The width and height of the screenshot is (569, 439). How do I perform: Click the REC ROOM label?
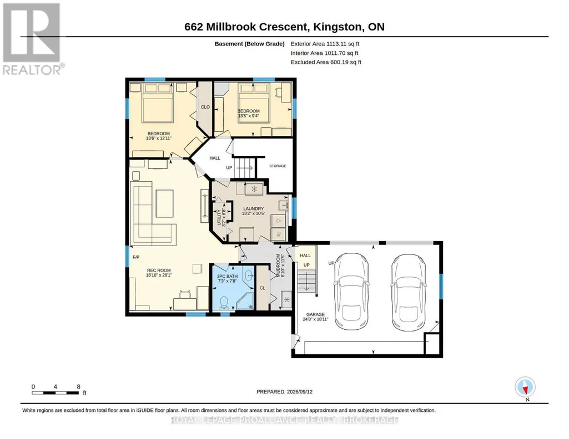click(159, 270)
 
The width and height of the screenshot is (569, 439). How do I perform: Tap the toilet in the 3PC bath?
click(224, 303)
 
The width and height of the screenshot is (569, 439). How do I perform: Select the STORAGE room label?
click(278, 166)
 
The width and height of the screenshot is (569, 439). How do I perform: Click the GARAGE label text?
click(315, 314)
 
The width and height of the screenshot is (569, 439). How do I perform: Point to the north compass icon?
click(525, 387)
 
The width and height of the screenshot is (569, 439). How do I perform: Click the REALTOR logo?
click(32, 39)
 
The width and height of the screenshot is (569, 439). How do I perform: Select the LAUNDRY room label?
click(253, 208)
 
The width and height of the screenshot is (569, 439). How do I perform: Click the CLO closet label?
click(205, 107)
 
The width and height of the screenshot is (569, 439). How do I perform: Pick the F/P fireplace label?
click(136, 257)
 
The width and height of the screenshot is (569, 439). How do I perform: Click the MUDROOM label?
click(279, 265)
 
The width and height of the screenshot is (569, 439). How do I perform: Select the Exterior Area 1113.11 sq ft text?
click(325, 44)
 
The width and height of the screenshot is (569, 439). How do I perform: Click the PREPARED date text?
click(284, 391)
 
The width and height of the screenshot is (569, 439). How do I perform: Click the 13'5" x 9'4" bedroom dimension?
click(249, 116)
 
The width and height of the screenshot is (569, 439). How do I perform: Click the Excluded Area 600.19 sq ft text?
click(326, 62)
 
